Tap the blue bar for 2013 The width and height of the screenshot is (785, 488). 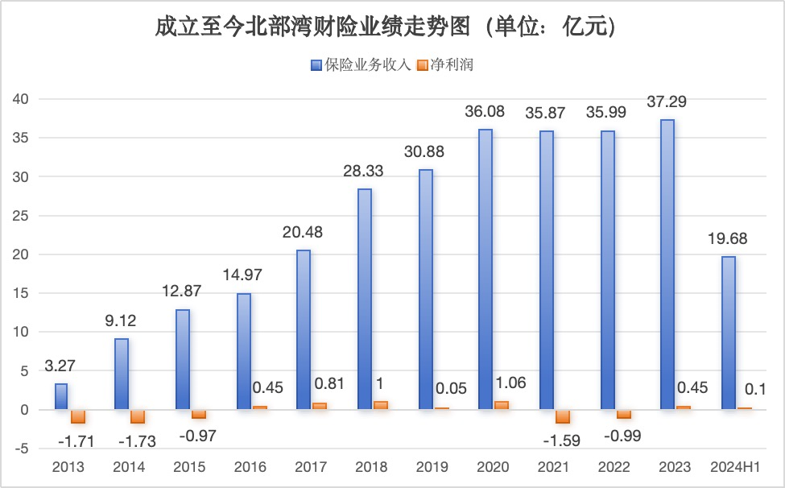(x=61, y=396)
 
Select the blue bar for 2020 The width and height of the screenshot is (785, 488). (x=485, y=269)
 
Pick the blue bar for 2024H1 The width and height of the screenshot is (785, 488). (x=728, y=333)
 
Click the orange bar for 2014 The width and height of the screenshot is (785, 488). (x=138, y=416)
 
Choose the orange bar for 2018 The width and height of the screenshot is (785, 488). (x=381, y=405)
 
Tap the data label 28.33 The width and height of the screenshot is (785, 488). (x=364, y=172)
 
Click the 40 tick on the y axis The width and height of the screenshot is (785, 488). (x=21, y=99)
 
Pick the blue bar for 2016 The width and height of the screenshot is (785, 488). (x=243, y=351)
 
